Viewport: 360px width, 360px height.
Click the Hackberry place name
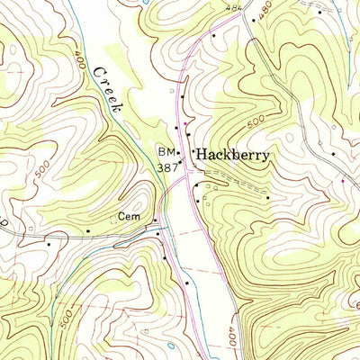click(233, 154)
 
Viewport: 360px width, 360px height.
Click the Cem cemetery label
click(129, 217)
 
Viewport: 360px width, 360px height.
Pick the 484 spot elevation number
click(235, 8)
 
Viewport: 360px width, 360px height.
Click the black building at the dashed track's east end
click(267, 197)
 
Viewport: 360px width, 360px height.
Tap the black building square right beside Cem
click(155, 219)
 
